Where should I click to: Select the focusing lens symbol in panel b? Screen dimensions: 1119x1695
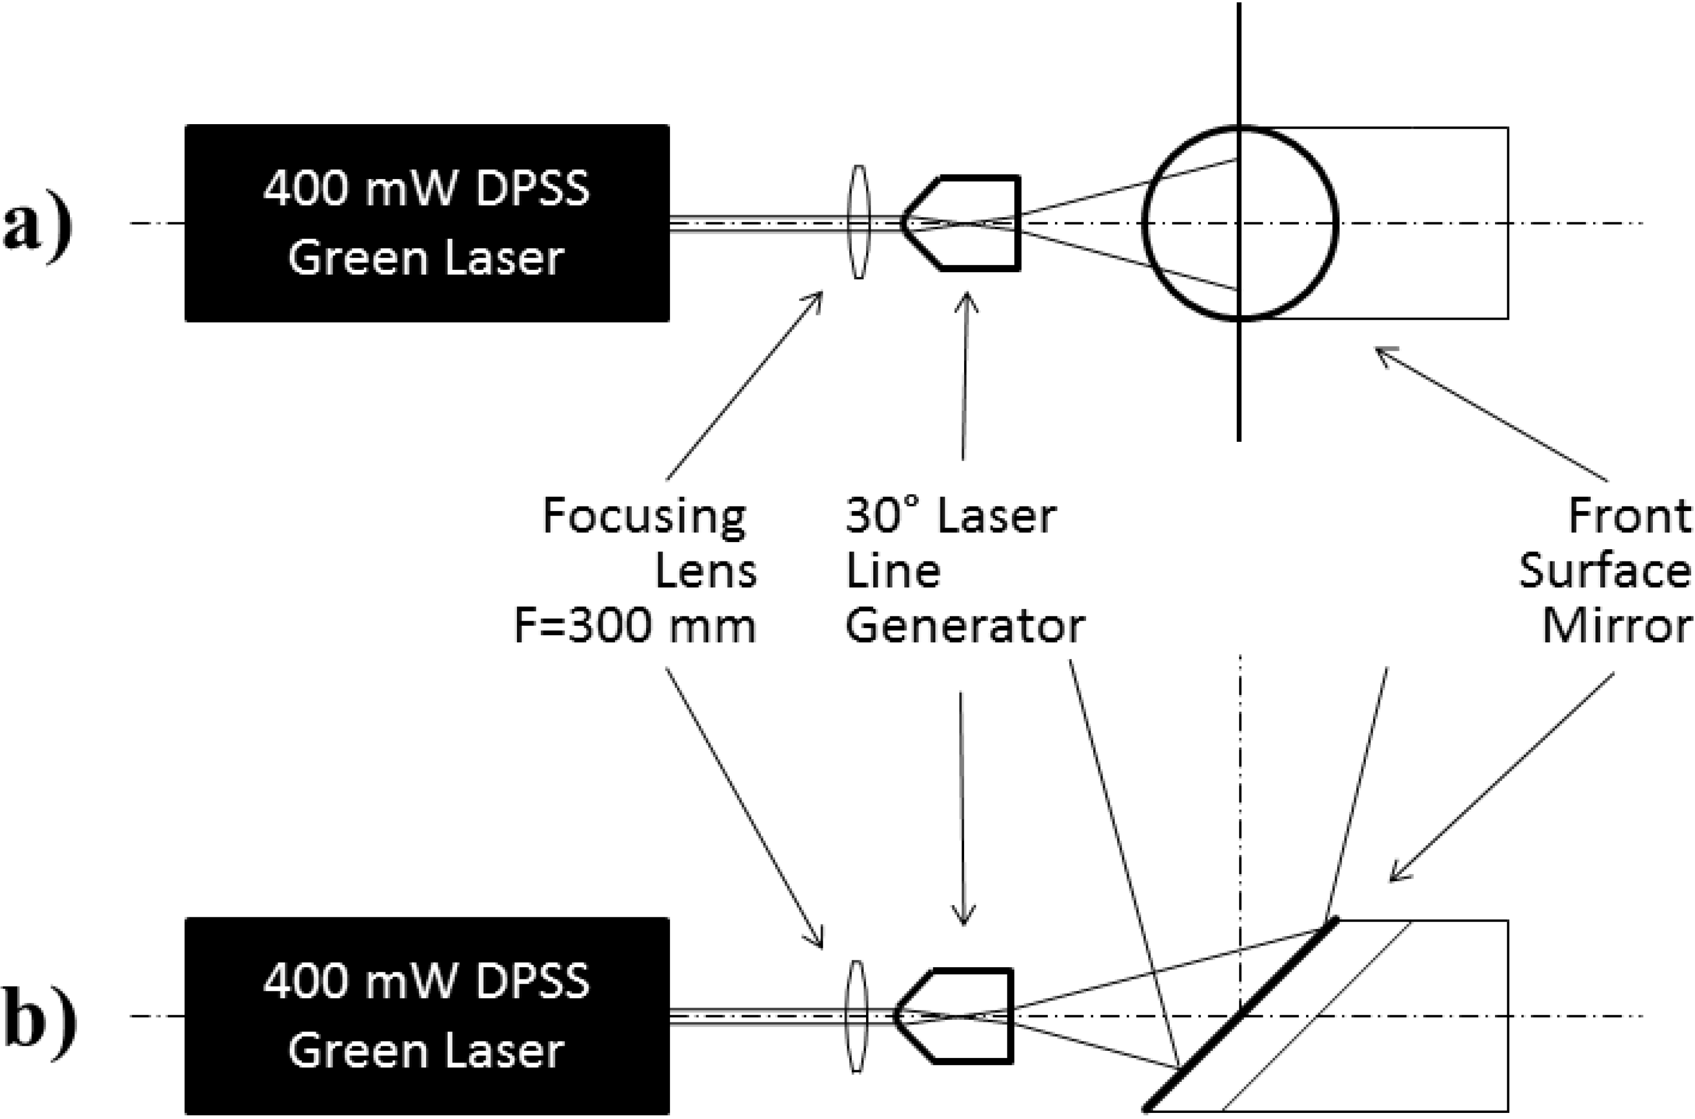[858, 1015]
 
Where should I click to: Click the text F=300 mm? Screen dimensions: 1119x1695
[635, 628]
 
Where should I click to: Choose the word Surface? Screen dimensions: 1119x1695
[1605, 573]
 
